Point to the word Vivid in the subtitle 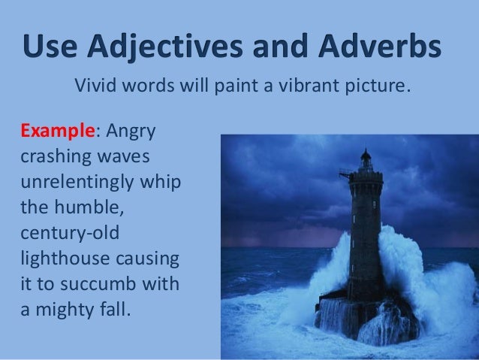point(95,91)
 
